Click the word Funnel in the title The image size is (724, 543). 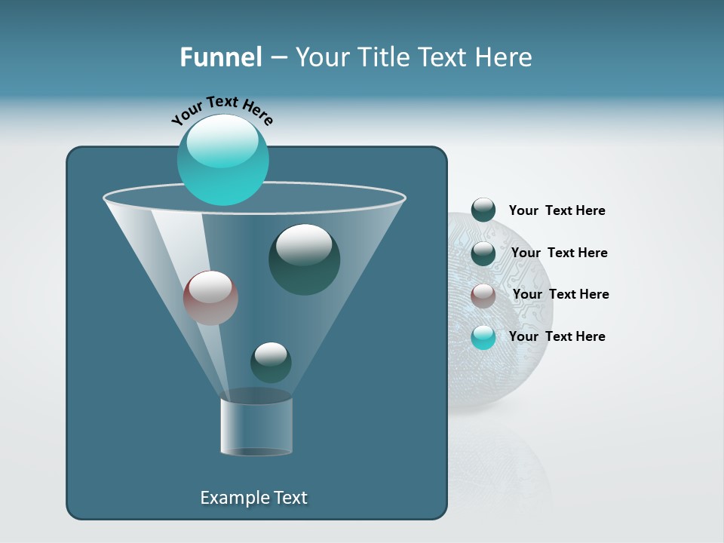click(x=220, y=57)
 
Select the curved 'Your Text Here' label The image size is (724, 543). click(x=222, y=109)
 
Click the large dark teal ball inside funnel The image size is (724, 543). click(x=304, y=260)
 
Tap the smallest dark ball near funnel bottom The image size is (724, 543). click(x=271, y=363)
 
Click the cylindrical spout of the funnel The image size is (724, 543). click(x=256, y=427)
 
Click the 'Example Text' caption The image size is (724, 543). click(x=254, y=498)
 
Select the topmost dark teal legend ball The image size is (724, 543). click(x=483, y=210)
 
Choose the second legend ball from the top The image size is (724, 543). click(x=483, y=253)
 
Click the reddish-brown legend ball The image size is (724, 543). click(x=483, y=295)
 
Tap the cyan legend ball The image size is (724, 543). click(x=483, y=337)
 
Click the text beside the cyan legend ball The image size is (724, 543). click(x=557, y=336)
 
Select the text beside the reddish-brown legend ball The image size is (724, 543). click(x=560, y=294)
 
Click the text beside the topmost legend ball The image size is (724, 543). click(x=557, y=210)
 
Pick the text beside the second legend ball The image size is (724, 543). click(x=559, y=253)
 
